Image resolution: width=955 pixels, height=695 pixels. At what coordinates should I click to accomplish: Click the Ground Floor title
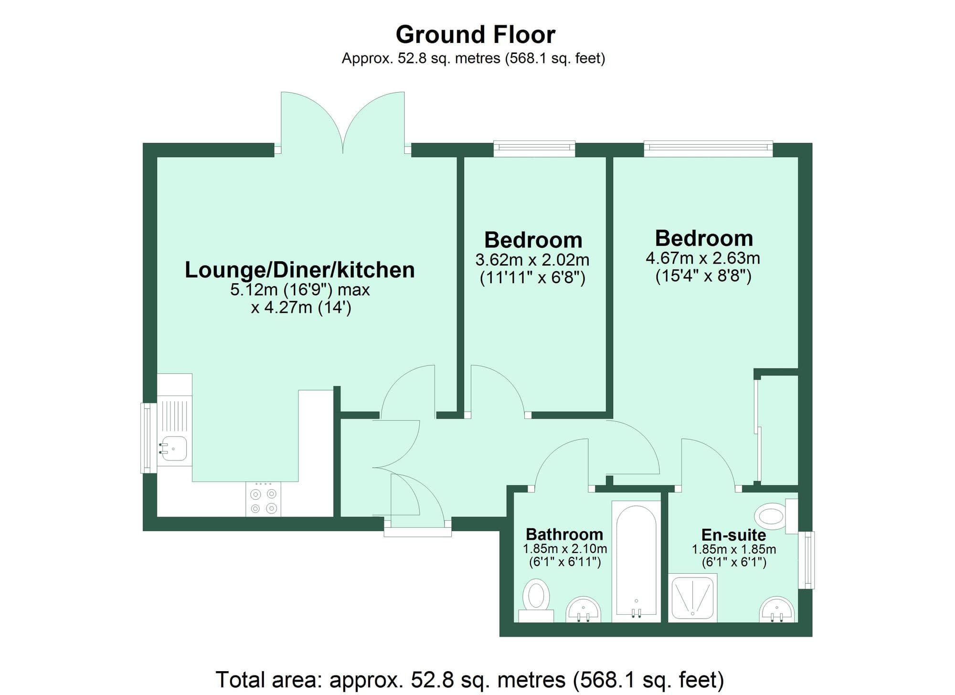(475, 35)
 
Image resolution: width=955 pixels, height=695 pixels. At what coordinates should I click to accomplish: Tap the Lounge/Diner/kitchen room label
(299, 270)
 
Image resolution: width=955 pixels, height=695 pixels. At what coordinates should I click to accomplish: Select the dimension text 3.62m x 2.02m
(532, 260)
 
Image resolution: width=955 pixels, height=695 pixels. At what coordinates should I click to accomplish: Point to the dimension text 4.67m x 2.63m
(703, 258)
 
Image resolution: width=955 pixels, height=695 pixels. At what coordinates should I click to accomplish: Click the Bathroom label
(564, 534)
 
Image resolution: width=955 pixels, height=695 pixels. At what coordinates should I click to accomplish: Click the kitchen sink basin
(174, 449)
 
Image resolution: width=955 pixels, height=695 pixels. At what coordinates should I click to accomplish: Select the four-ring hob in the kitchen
(264, 500)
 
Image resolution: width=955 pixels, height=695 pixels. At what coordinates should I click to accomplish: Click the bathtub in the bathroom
(636, 561)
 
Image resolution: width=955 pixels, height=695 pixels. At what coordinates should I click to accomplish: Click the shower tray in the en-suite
(692, 598)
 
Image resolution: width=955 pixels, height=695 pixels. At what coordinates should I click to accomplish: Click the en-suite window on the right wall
(807, 560)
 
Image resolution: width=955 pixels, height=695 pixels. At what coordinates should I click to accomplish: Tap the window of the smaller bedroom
(534, 149)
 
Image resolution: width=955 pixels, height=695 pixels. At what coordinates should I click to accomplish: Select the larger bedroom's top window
(708, 149)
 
